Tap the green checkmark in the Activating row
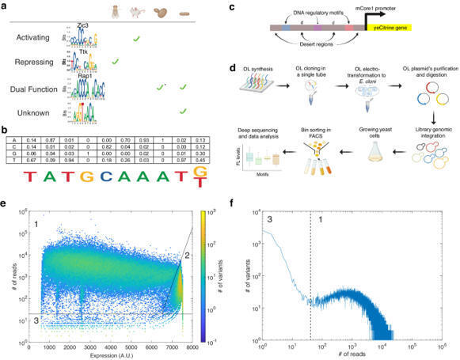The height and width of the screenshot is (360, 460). tap(136, 39)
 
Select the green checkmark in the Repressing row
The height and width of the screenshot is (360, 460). tap(116, 61)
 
